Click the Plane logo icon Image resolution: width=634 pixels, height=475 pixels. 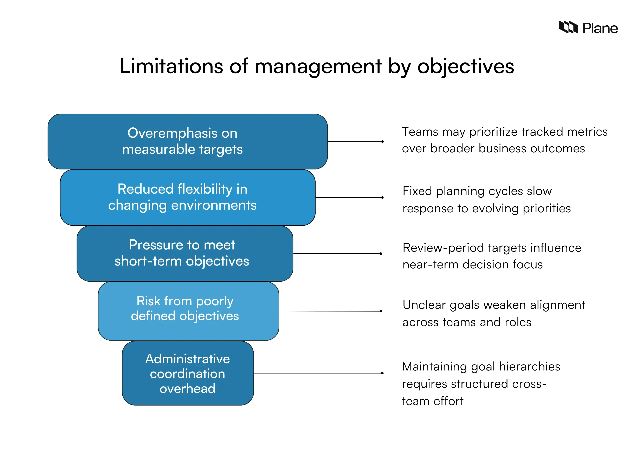click(568, 27)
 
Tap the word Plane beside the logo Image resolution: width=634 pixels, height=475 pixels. click(600, 28)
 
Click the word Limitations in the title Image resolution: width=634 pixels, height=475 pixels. click(171, 66)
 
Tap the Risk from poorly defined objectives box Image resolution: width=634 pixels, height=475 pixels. click(188, 311)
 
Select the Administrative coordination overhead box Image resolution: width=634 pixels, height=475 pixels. click(188, 373)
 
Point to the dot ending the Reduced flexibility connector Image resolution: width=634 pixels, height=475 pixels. click(382, 197)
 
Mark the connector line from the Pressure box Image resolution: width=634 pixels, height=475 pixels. click(337, 253)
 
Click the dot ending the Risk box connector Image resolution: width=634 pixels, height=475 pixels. click(381, 311)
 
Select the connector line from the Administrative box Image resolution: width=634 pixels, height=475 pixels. click(318, 373)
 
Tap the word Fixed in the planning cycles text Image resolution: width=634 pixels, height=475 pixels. click(417, 191)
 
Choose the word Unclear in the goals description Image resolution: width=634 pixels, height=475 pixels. click(424, 305)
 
